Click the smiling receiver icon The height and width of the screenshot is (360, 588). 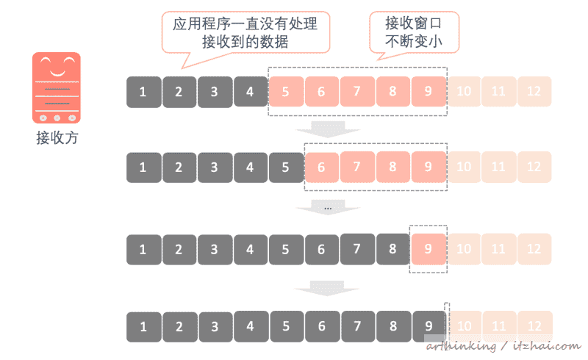pos(57,87)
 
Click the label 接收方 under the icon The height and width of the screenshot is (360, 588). pos(57,137)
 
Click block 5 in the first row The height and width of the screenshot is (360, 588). pos(285,92)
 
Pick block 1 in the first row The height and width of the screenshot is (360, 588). pos(143,92)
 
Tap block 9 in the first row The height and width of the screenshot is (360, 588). pos(428,92)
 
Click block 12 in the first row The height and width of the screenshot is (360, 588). pos(534,92)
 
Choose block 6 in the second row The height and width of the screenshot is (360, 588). pos(321,167)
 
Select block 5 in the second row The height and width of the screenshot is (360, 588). pos(285,167)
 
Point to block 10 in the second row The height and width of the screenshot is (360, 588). pos(464,167)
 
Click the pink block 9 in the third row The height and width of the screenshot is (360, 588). pos(428,248)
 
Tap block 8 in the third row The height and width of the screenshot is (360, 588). pos(392,248)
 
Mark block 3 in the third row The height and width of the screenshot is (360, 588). pos(214,249)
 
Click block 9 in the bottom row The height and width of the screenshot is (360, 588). pos(428,325)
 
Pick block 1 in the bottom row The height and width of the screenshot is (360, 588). pos(143,325)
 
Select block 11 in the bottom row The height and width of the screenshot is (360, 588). pos(499,325)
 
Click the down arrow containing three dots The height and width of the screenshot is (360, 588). pos(328,209)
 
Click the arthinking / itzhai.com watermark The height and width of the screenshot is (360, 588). pos(503,346)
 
